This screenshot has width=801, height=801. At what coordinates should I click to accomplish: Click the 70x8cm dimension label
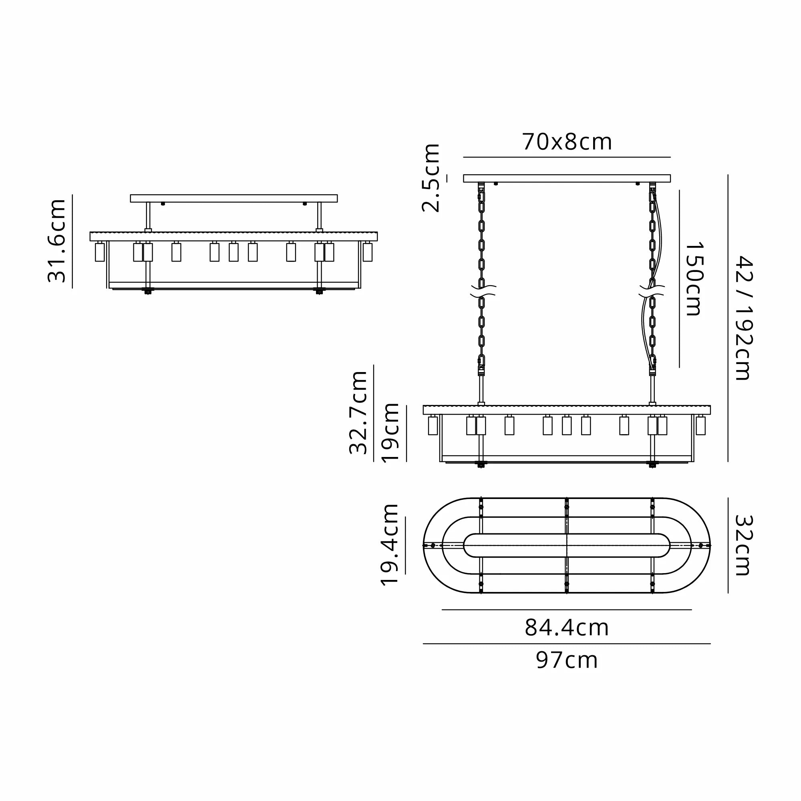566,142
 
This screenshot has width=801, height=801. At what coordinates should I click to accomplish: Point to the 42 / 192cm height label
744,318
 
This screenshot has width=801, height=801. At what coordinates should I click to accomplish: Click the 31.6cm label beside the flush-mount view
57,241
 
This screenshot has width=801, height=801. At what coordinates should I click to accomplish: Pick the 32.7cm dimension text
358,413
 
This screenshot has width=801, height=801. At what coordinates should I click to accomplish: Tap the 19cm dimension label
390,433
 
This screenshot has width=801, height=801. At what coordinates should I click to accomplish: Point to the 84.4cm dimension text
566,628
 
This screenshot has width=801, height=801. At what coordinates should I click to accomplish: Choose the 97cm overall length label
566,660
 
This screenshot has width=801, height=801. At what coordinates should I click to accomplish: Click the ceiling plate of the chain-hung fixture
566,178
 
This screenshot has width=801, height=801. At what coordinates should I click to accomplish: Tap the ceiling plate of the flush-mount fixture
233,198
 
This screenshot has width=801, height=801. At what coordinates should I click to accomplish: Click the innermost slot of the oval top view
566,545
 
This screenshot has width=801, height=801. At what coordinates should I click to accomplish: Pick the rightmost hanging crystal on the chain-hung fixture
700,425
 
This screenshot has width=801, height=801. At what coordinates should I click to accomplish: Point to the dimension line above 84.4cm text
566,610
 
